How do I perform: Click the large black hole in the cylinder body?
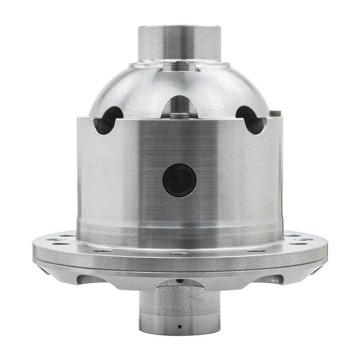pyautogui.click(x=179, y=180)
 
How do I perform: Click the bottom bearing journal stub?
pyautogui.click(x=179, y=306)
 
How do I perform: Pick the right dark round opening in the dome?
pyautogui.click(x=251, y=120)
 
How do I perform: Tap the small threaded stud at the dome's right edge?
pyautogui.click(x=276, y=112)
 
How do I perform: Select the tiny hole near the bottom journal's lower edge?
pyautogui.click(x=179, y=325)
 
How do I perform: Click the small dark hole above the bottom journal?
pyautogui.click(x=179, y=281)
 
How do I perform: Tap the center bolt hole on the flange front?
pyautogui.click(x=179, y=253)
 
